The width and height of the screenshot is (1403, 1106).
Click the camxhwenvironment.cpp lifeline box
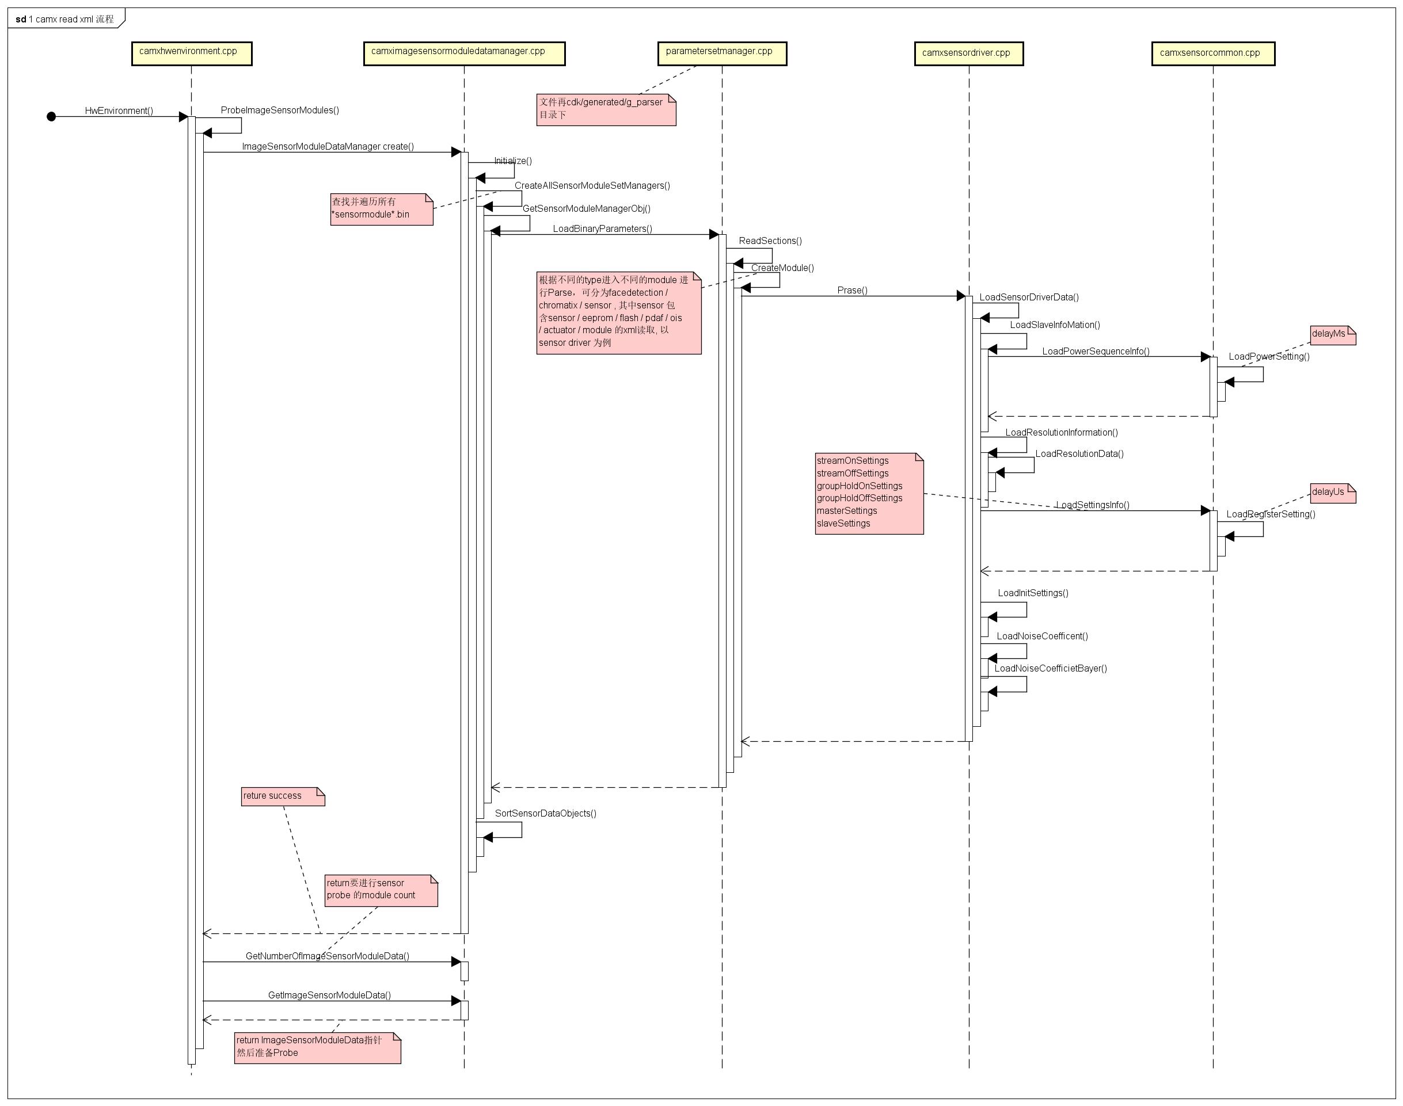191,53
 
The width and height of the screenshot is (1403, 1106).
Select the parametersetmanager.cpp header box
721,53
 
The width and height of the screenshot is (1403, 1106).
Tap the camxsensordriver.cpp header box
968,54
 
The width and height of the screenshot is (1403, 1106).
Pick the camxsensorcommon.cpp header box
1212,54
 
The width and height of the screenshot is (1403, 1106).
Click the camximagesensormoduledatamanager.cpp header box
464,53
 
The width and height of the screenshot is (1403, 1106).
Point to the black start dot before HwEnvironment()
51,117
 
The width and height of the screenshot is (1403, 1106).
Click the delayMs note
1332,335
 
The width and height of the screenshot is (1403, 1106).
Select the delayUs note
1332,493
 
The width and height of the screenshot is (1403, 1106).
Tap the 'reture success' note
283,796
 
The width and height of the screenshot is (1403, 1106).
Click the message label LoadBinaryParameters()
602,228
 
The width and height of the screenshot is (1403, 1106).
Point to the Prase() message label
852,290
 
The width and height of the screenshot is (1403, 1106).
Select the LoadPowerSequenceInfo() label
1096,351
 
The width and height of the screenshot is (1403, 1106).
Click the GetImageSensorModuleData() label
329,994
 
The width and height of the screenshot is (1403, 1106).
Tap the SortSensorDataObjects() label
545,813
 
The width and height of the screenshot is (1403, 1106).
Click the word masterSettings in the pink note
847,511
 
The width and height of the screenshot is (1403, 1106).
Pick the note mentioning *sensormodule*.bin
381,208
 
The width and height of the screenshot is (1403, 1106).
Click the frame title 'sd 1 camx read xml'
65,19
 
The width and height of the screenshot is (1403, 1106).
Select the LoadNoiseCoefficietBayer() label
1050,668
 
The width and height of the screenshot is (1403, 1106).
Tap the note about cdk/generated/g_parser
606,109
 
